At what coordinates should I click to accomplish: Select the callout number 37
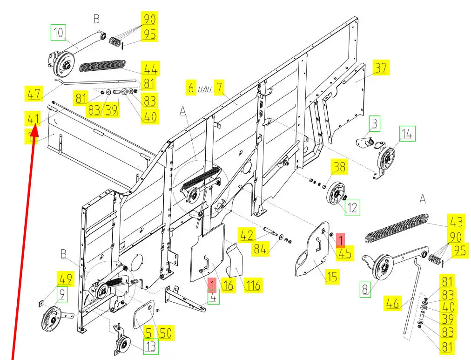pyautogui.click(x=381, y=68)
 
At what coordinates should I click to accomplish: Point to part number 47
pyautogui.click(x=33, y=94)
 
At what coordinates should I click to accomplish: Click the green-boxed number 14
pyautogui.click(x=407, y=134)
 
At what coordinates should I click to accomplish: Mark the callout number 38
pyautogui.click(x=339, y=166)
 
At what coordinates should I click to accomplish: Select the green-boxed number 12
pyautogui.click(x=352, y=207)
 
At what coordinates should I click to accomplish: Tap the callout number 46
pyautogui.click(x=393, y=305)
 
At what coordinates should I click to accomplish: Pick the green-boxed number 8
pyautogui.click(x=365, y=290)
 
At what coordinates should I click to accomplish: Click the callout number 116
pyautogui.click(x=253, y=284)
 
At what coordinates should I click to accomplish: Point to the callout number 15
pyautogui.click(x=332, y=277)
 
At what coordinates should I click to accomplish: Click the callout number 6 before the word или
pyautogui.click(x=191, y=87)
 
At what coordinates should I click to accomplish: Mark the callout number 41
pyautogui.click(x=32, y=119)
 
